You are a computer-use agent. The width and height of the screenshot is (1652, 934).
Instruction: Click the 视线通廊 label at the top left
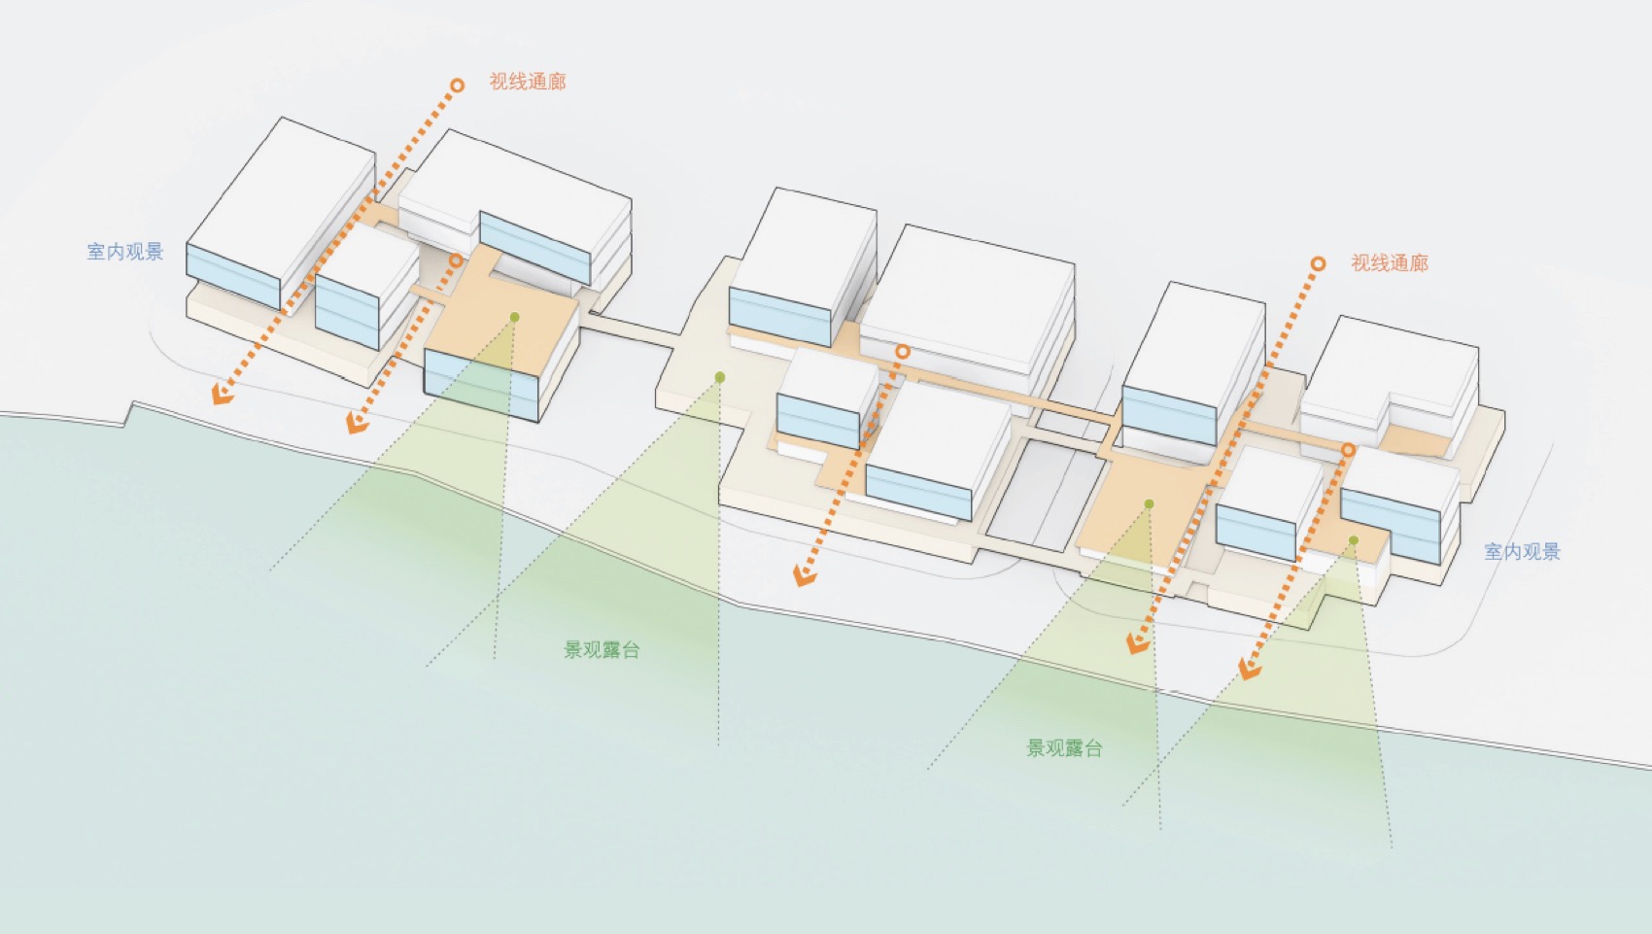coord(527,82)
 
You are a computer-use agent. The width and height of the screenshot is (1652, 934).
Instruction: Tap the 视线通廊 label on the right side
coord(1389,263)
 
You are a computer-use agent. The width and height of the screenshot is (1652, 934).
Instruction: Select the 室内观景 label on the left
coord(125,252)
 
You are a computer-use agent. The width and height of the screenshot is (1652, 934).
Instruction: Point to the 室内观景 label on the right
coord(1522,552)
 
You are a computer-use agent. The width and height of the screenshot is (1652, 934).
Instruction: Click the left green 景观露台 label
coord(602,650)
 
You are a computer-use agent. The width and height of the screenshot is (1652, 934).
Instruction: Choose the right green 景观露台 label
coord(1064,748)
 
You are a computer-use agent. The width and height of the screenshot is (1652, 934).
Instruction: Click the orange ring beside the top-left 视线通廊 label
coord(456,86)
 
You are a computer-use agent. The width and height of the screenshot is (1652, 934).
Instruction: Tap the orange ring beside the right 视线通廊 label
coord(1318,263)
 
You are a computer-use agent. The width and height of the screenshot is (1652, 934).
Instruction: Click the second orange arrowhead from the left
coord(357,422)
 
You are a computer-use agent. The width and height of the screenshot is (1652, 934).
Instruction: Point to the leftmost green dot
coord(514,318)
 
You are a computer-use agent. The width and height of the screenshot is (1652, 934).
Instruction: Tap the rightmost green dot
coord(1353,540)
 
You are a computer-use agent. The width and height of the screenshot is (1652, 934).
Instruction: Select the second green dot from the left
coord(719,377)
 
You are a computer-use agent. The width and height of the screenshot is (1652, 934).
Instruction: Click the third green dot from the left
coord(1149,503)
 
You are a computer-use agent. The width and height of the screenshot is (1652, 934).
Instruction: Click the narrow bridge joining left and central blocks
coord(632,329)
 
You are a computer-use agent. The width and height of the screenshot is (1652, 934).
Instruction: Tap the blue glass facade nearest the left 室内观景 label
coord(232,275)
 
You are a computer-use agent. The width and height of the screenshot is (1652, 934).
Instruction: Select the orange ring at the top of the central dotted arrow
coord(902,352)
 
